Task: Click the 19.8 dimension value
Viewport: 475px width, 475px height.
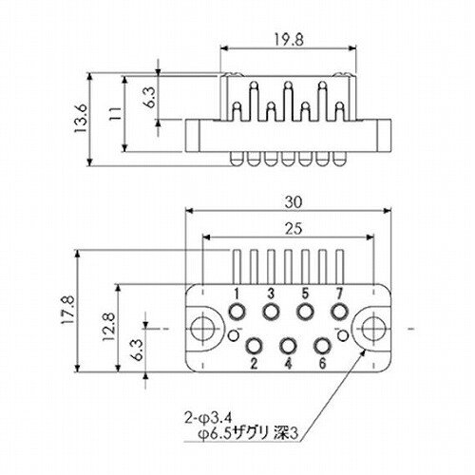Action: (289, 40)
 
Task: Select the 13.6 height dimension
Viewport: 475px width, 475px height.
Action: (81, 119)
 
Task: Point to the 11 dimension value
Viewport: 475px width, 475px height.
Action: (115, 113)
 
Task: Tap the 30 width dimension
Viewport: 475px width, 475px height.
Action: (294, 202)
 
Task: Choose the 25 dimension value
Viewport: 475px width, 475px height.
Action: (294, 229)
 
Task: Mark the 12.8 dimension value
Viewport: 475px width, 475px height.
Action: (108, 327)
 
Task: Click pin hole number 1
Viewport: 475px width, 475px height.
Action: (237, 312)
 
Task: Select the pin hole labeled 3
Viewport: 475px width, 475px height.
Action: (271, 312)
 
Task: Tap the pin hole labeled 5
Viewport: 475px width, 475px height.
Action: (305, 312)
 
